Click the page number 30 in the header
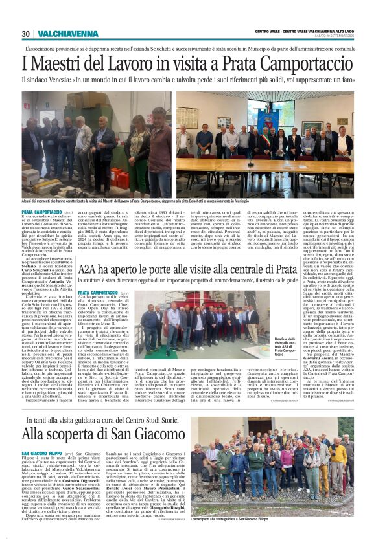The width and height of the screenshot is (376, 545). pyautogui.click(x=25, y=34)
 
